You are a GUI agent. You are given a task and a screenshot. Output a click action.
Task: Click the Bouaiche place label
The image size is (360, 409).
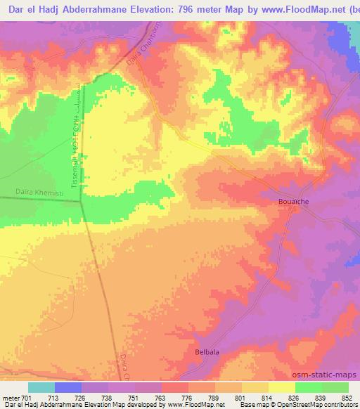(x=288, y=202)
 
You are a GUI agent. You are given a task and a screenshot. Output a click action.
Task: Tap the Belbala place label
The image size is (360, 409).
(x=207, y=350)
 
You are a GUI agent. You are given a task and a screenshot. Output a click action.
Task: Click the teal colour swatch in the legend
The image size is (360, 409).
(x=41, y=387)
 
